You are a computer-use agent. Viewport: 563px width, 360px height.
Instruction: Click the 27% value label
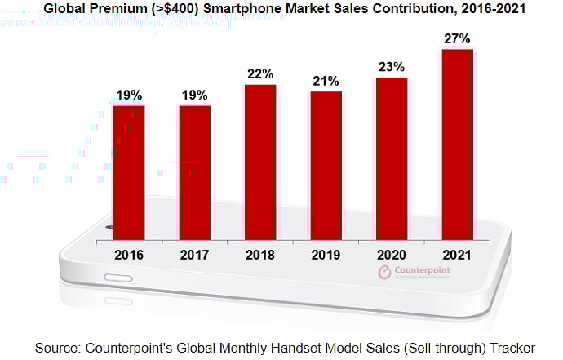(457, 38)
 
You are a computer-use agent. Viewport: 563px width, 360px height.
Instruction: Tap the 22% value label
(260, 74)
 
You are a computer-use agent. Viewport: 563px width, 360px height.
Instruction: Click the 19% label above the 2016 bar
(129, 96)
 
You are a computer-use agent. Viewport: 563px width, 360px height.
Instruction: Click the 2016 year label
(129, 255)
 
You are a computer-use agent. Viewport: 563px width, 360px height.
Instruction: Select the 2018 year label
(260, 255)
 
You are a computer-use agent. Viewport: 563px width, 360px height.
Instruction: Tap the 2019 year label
(326, 255)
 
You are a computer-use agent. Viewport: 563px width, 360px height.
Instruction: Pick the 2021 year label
(457, 255)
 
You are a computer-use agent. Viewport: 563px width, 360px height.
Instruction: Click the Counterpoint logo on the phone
(418, 273)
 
